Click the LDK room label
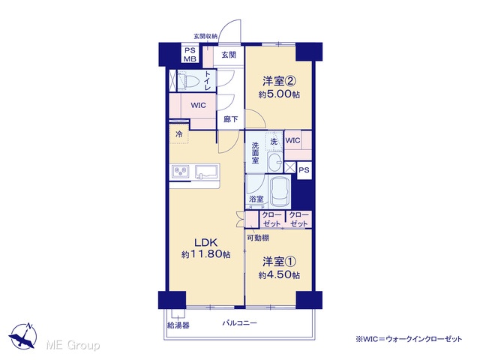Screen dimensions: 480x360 pyautogui.click(x=206, y=242)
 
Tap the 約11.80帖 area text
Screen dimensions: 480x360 pyautogui.click(x=205, y=254)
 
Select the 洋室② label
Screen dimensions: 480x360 pyautogui.click(x=279, y=82)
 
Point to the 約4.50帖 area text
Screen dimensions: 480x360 pyautogui.click(x=279, y=275)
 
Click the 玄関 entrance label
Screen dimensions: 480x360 pyautogui.click(x=229, y=55)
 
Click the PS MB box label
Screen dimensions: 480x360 pyautogui.click(x=190, y=55)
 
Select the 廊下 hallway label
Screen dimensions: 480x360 pyautogui.click(x=230, y=119)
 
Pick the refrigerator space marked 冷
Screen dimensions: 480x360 pyautogui.click(x=179, y=133)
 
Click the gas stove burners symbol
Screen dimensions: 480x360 pyautogui.click(x=181, y=171)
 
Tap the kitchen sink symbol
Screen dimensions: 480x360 pyautogui.click(x=207, y=172)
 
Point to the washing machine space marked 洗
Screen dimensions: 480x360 pyautogui.click(x=274, y=141)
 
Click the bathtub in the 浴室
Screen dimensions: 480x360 pyautogui.click(x=280, y=191)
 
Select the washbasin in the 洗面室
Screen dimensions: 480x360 pyautogui.click(x=275, y=162)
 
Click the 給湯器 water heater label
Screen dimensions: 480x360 pyautogui.click(x=178, y=325)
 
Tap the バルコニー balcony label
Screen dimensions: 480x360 pyautogui.click(x=240, y=322)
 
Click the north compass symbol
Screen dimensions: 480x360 pyautogui.click(x=23, y=335)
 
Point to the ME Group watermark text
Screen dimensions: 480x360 pyautogui.click(x=73, y=345)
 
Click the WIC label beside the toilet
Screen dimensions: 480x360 pyautogui.click(x=198, y=105)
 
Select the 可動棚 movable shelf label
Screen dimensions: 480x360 pyautogui.click(x=258, y=238)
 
